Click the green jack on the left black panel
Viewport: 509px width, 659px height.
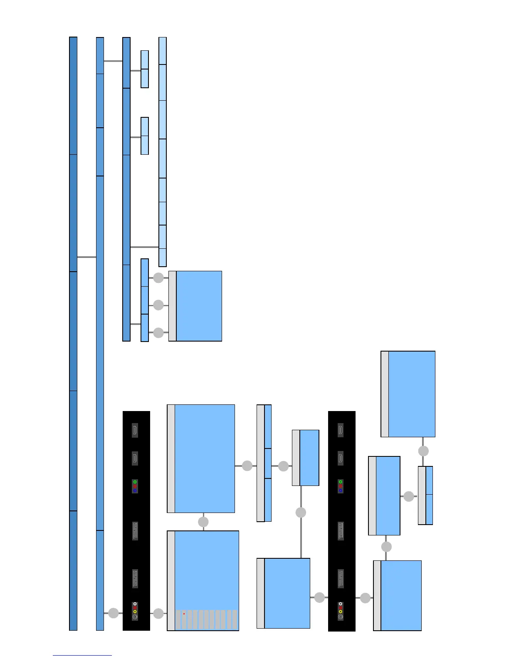(x=135, y=482)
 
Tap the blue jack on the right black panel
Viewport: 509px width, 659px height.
(x=341, y=491)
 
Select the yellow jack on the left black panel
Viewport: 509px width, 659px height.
(x=135, y=612)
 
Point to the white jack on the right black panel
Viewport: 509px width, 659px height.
(x=341, y=604)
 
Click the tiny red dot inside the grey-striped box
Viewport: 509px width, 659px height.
(x=184, y=614)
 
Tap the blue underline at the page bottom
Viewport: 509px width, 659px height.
(x=82, y=655)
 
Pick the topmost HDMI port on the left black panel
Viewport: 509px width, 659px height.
(x=135, y=430)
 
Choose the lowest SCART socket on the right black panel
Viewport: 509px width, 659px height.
(x=341, y=578)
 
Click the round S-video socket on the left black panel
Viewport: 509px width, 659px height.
(x=135, y=617)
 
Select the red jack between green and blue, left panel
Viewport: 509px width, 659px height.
(x=135, y=486)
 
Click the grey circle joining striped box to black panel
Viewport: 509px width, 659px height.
(x=158, y=613)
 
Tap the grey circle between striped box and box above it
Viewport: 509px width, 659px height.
(x=203, y=522)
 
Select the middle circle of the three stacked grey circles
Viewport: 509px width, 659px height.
(x=158, y=305)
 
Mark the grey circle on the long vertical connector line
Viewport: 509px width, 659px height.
(x=301, y=513)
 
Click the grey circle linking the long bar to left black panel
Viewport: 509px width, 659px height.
(x=114, y=613)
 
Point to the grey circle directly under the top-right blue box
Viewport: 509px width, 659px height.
(x=423, y=451)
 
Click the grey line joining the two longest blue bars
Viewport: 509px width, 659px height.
(x=86, y=257)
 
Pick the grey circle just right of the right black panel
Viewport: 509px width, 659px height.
(x=365, y=598)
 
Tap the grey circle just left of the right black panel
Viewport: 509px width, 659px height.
(x=319, y=597)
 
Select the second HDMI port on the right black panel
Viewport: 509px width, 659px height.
(x=341, y=458)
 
